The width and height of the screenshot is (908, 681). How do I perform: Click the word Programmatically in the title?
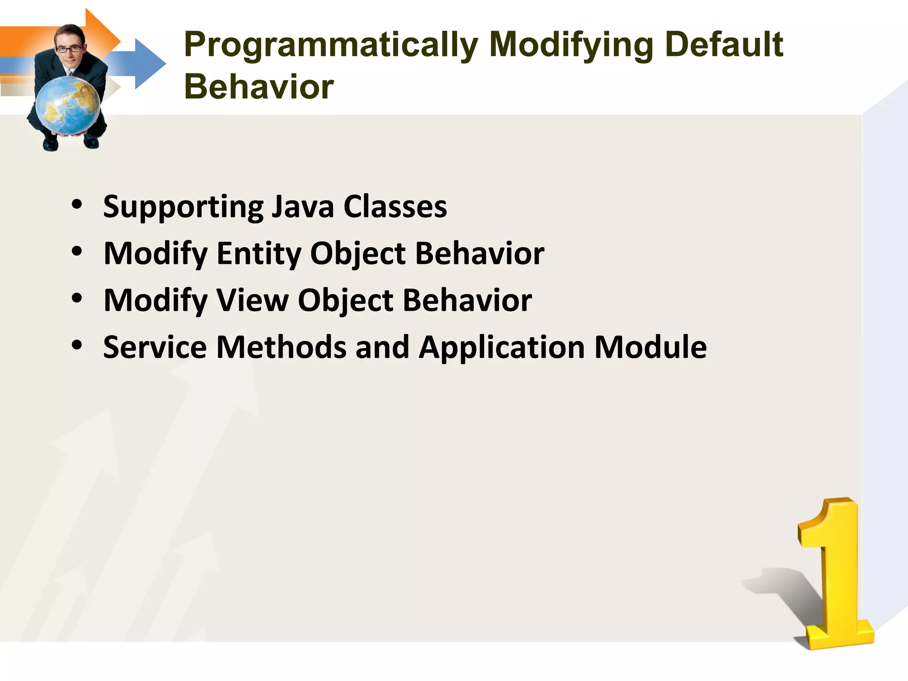point(331,45)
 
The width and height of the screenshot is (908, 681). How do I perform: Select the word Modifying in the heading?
point(571,45)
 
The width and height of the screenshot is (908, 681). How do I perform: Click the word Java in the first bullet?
point(302,207)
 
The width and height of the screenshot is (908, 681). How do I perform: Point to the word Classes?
point(395,207)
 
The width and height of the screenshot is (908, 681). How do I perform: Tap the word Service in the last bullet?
point(155,347)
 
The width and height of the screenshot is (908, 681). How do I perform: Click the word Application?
point(501,347)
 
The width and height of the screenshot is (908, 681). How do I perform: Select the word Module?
point(650,347)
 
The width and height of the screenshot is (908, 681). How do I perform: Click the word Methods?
point(281,347)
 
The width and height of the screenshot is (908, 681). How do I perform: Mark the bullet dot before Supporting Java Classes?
point(77,204)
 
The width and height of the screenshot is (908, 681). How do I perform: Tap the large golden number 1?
point(834,576)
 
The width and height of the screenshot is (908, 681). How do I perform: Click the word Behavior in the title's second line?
point(258,87)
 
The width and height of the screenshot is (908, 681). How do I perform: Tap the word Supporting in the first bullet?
point(183,207)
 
